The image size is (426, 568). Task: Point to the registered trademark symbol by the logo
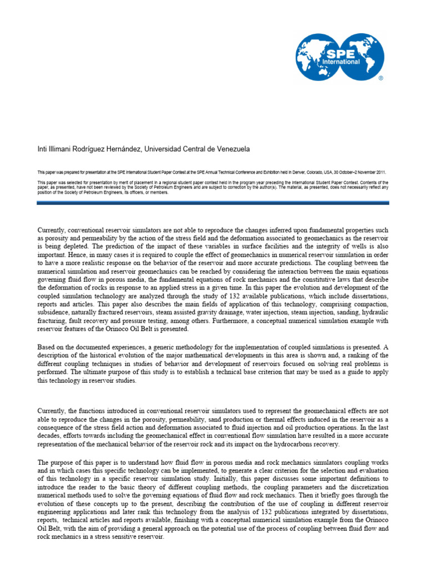click(x=381, y=79)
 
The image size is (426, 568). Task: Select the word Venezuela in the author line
click(x=231, y=149)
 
